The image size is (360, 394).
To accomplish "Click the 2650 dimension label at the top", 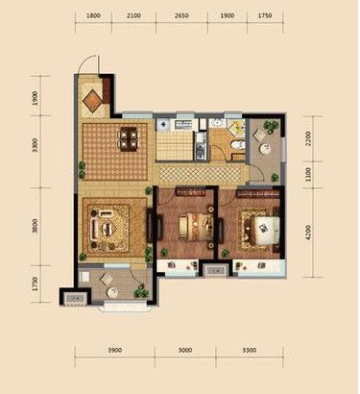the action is pos(181,15).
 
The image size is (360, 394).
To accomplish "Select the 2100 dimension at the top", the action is pos(133,15).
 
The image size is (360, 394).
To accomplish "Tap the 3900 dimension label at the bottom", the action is pos(114,350).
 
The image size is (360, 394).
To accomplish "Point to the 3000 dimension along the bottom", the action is pos(185,350).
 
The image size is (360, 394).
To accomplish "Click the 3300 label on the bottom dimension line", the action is pos(250,350).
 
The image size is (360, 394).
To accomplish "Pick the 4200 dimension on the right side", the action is pos(308,233).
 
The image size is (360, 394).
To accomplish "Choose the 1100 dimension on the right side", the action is pos(308,175).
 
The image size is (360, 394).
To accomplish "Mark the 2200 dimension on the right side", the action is pos(308,138).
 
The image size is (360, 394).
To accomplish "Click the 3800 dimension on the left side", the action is pos(36,226).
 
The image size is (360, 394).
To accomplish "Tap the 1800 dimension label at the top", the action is pos(93,15).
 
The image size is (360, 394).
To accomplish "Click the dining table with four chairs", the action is pos(129,138).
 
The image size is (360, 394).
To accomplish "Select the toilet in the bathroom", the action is pos(237,145).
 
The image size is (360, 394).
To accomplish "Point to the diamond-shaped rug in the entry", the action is pos(93,101).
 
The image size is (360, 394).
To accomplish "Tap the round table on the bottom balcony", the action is pos(112,292).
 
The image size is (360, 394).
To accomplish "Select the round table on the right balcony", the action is pos(265,148).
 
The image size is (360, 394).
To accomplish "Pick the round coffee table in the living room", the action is pos(108,229).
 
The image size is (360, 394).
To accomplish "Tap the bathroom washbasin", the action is pos(219,123).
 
